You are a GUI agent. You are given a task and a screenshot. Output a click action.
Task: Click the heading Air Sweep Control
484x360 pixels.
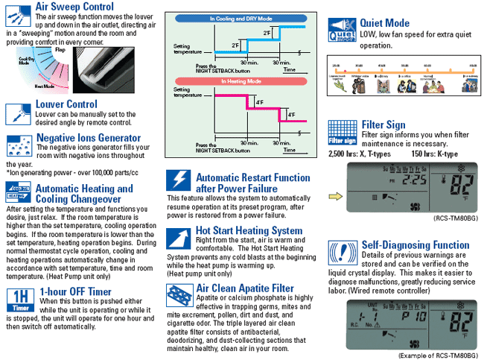(74, 7)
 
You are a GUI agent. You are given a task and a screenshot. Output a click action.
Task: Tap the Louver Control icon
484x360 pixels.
(18, 113)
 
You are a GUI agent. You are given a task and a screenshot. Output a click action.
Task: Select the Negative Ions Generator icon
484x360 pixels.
(18, 145)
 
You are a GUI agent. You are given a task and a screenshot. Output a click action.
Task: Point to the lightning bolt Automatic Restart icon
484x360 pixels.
(179, 181)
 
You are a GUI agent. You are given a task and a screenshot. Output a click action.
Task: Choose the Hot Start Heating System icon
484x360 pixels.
(179, 237)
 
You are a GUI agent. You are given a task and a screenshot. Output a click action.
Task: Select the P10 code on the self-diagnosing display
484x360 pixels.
(407, 315)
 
